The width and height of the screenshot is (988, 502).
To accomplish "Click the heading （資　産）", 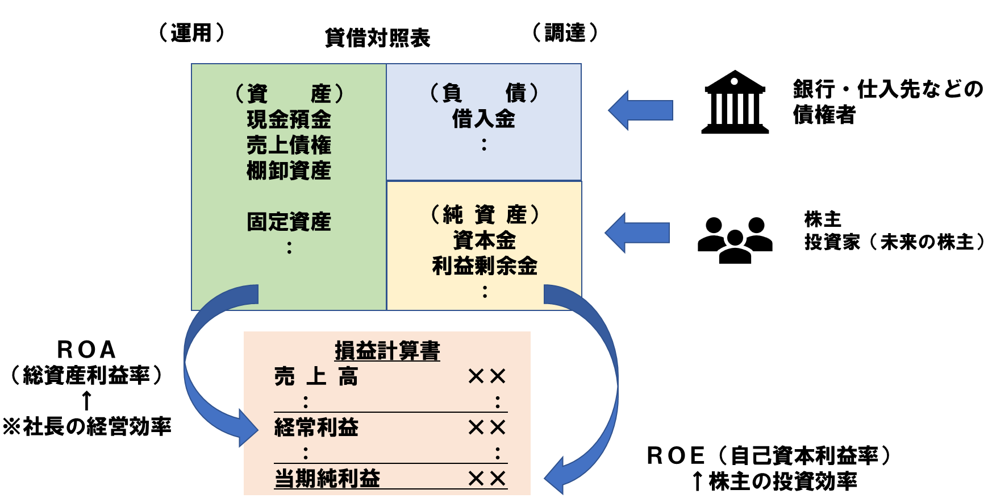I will coord(289,93).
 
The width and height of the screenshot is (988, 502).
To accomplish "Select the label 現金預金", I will coord(289,119).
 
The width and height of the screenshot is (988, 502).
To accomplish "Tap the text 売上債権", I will coord(289,145).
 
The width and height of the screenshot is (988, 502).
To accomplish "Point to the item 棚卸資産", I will coord(289,171).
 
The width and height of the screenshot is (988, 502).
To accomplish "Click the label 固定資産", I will coord(289,222).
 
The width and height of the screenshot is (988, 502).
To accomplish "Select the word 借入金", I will coord(483,119).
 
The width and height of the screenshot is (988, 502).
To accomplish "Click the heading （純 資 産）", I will coord(485,214).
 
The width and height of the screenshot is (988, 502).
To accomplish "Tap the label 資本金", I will coord(485,240).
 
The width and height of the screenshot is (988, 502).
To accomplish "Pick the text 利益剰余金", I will coord(485,265).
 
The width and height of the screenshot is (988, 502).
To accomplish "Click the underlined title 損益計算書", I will coord(387,350).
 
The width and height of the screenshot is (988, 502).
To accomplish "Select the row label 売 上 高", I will coord(316,376).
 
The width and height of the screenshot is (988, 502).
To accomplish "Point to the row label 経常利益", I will coord(316,428).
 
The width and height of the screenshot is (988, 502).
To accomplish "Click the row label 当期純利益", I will coord(327,478).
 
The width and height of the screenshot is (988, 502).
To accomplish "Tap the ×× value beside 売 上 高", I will coord(487,376).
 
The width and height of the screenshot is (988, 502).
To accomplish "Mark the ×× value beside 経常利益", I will coord(487,428).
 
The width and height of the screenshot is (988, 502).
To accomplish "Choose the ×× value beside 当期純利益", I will coord(487,479).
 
